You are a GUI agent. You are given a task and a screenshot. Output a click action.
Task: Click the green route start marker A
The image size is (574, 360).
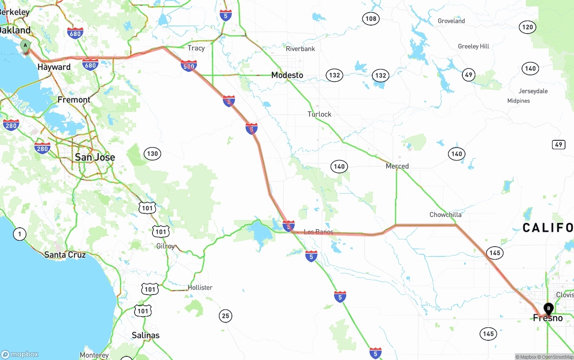coord(26,46)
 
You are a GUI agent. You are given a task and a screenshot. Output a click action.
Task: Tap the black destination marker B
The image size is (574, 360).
coord(548,308)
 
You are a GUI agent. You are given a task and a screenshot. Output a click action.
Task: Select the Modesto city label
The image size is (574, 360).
coord(287,75)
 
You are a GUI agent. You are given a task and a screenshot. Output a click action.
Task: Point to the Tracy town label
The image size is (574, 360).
coord(196,48)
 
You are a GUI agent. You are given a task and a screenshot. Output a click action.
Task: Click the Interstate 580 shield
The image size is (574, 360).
coord(189,66)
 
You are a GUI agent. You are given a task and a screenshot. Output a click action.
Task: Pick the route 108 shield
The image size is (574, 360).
coord(371,18)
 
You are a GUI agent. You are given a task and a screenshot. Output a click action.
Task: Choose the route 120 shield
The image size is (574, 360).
coord(528,27)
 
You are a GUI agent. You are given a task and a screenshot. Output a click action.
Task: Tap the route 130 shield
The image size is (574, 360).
coord(152,154)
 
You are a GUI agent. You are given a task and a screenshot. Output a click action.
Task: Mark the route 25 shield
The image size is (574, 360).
coord(226,316)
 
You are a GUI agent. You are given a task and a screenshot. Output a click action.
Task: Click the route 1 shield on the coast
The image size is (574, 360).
coord(19,234)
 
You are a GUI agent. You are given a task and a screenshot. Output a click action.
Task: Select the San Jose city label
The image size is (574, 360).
coord(95,157)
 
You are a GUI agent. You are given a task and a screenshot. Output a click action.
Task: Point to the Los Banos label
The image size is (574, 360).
coord(318,232)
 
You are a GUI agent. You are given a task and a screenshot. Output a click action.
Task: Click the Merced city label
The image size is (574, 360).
coord(397,166)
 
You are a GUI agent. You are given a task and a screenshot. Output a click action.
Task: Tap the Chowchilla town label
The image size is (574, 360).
coord(445,215)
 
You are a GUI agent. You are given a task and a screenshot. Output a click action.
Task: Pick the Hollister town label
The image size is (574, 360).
coord(200,287)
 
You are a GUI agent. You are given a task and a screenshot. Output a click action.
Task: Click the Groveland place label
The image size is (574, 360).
coord(451,21)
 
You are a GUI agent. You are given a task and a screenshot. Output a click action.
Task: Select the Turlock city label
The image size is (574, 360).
coord(319,114)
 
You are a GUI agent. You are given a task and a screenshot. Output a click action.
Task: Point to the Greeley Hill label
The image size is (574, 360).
coord(474,46)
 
